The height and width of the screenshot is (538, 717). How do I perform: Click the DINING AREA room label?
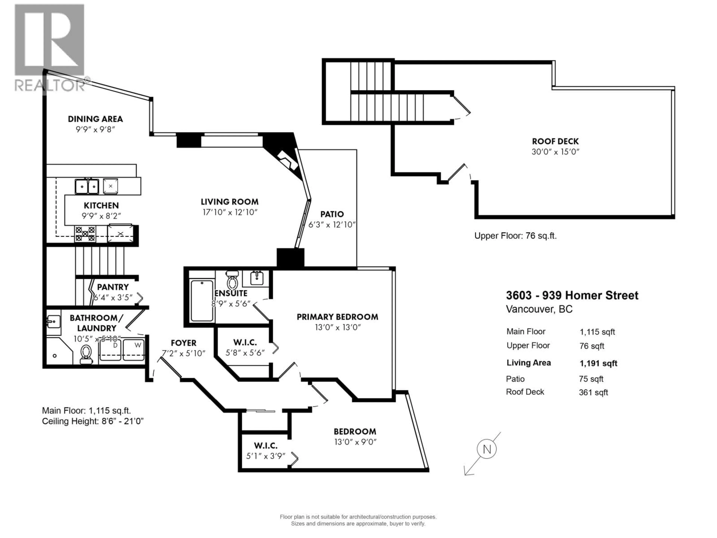click(x=95, y=119)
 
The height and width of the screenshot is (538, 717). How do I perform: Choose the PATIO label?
click(x=332, y=214)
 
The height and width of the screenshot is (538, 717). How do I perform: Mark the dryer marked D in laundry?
click(x=110, y=350)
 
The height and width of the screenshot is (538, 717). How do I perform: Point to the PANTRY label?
click(x=113, y=287)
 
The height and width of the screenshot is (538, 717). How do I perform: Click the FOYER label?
click(x=184, y=343)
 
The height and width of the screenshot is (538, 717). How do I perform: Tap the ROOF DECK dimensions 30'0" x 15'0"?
click(x=555, y=152)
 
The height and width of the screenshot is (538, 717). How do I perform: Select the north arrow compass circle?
click(x=487, y=449)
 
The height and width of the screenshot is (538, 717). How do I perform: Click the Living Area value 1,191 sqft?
click(x=598, y=364)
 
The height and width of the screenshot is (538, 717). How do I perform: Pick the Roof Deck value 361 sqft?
click(x=594, y=393)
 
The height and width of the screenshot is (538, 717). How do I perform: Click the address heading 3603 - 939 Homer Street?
click(x=572, y=295)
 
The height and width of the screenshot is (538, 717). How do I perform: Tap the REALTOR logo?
click(x=50, y=47)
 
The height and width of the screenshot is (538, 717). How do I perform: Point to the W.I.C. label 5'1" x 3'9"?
click(x=266, y=456)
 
